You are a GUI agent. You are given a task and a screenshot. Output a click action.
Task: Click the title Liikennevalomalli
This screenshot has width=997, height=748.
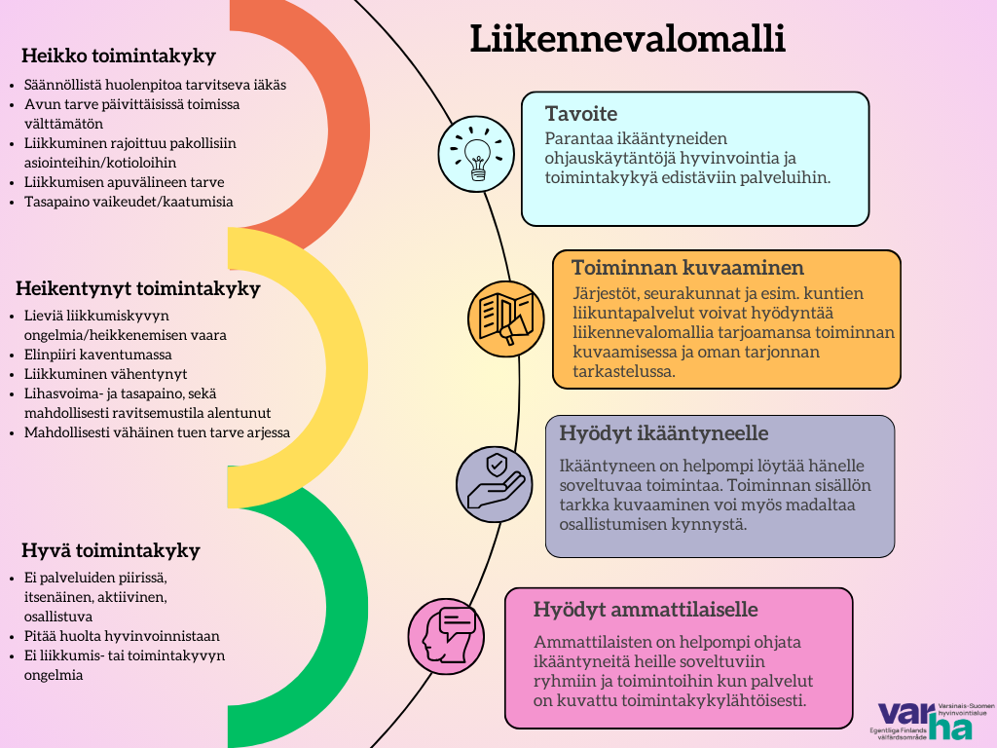(x=628, y=38)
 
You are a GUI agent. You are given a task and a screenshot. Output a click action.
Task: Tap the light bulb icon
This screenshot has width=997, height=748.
(x=476, y=154)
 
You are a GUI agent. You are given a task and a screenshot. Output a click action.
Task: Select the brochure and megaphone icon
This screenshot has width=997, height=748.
(x=506, y=318)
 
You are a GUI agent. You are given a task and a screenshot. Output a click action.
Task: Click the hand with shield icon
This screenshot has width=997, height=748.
(x=495, y=484)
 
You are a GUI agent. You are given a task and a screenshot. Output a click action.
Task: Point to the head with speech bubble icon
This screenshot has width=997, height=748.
(x=446, y=636)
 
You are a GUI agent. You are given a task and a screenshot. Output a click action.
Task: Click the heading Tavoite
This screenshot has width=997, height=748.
(x=581, y=113)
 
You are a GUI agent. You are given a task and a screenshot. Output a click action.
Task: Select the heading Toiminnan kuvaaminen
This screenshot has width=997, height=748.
(x=688, y=268)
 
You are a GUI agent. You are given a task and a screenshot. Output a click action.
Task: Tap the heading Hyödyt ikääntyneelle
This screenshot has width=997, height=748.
(x=664, y=433)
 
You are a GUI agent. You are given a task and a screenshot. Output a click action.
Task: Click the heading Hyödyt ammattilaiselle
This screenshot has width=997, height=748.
(x=646, y=610)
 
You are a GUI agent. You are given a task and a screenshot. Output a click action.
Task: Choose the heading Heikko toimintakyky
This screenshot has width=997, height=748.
(x=119, y=56)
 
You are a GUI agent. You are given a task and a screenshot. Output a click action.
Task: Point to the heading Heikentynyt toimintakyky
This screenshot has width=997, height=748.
(x=138, y=288)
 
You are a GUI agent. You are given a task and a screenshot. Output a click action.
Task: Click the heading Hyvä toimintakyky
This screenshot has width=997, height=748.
(x=111, y=550)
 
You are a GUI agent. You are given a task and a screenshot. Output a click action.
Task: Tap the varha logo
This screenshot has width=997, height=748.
(x=932, y=722)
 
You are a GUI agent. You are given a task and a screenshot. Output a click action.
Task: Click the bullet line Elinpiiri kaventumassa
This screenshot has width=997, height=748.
(x=98, y=355)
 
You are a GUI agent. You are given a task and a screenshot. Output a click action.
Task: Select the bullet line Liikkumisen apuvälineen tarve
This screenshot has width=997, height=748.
(x=124, y=182)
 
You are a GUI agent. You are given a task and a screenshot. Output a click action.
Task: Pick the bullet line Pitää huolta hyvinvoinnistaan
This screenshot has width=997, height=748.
(x=122, y=636)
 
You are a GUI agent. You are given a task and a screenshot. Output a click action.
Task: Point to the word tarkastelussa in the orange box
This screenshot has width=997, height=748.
(x=624, y=371)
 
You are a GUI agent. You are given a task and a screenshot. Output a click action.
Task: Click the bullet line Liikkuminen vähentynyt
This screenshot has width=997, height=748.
(x=105, y=374)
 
